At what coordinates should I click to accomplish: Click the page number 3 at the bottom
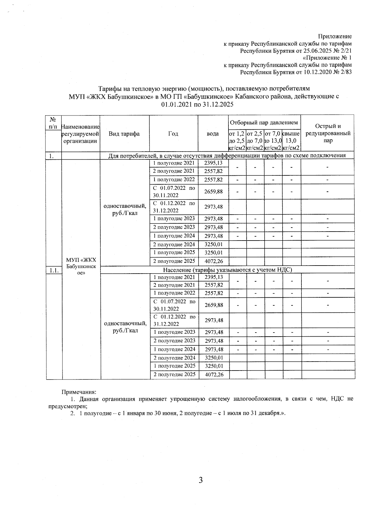[201, 480]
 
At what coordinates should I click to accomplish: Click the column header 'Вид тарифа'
[124, 134]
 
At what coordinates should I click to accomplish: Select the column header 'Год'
[173, 134]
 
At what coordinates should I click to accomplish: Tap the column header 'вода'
[213, 134]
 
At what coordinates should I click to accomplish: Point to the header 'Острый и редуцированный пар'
[328, 133]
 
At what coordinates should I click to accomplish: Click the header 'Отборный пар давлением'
[264, 123]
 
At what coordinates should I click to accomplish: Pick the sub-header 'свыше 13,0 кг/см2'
[291, 141]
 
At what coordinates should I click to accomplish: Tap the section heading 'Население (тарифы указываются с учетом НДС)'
[228, 270]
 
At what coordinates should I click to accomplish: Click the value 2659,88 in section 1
[213, 191]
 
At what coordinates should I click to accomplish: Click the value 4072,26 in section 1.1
[214, 375]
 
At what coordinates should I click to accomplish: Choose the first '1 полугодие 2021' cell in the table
[174, 163]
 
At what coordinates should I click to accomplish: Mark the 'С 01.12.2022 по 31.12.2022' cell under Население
[174, 320]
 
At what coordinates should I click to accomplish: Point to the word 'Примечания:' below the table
[79, 392]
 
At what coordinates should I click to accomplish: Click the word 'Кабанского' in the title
[249, 96]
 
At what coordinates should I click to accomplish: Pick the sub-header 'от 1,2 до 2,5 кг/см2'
[237, 141]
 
